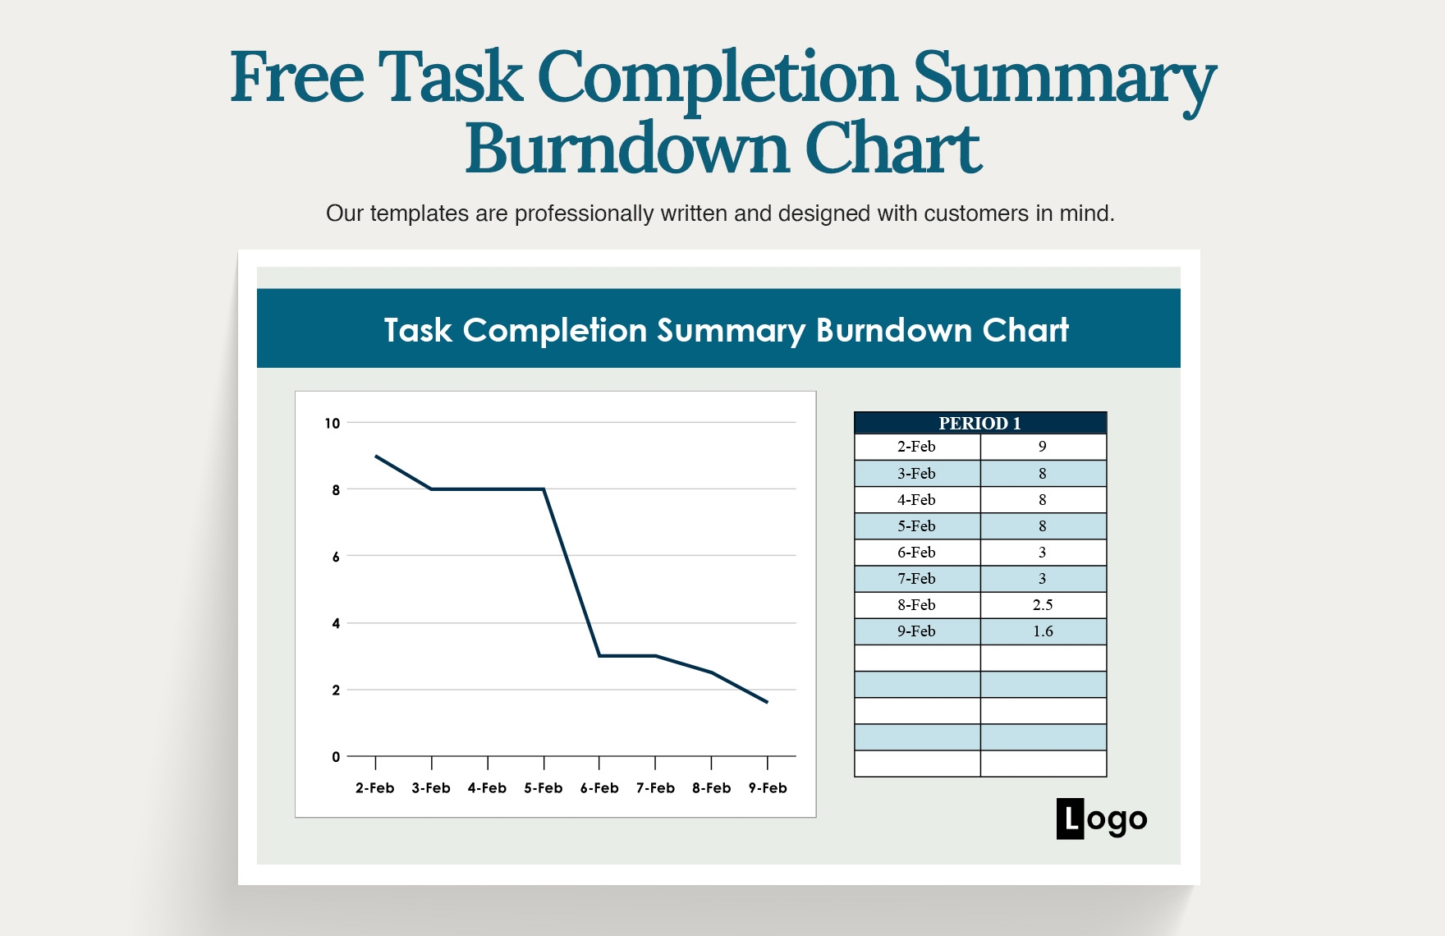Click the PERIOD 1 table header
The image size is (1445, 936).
[x=979, y=423]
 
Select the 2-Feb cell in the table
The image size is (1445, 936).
[x=916, y=447]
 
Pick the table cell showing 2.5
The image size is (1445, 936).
[x=1043, y=605]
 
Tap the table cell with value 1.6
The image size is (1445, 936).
[x=1043, y=631]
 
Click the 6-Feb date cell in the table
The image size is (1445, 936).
[x=916, y=553]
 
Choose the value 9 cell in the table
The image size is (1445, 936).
[x=1043, y=447]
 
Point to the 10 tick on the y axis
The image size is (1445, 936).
[x=332, y=424]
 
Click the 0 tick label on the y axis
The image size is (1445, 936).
[x=336, y=757]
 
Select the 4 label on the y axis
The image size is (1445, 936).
[x=336, y=624]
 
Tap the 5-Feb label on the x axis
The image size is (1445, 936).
[x=544, y=788]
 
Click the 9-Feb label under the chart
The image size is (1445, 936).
[x=768, y=788]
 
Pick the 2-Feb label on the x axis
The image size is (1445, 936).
[x=375, y=788]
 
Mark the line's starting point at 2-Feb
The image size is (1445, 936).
[x=376, y=456]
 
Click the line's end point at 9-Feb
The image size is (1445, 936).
[x=767, y=702]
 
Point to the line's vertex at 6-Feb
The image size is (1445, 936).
[x=599, y=656]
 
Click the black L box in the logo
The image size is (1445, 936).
[x=1070, y=819]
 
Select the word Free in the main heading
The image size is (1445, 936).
[x=296, y=77]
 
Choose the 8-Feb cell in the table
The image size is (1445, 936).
[x=916, y=605]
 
